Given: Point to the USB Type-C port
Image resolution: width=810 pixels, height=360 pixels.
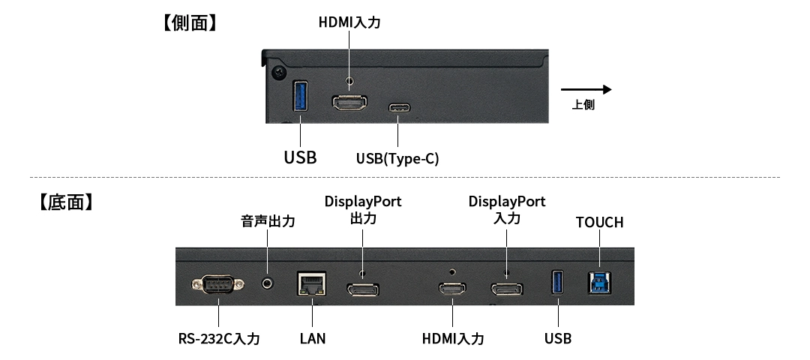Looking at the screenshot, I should tap(398, 108).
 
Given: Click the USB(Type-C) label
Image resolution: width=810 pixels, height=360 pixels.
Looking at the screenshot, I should tap(397, 158).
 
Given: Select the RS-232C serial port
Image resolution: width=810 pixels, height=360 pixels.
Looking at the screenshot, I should tap(217, 285).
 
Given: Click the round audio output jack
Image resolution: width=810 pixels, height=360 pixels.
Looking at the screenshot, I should tap(268, 283).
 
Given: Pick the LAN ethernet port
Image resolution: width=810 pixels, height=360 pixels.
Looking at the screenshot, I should tap(311, 283).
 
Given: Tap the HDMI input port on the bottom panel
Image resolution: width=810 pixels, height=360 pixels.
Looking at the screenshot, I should tap(452, 288).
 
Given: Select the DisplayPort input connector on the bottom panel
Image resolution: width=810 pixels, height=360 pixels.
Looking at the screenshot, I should tap(506, 288).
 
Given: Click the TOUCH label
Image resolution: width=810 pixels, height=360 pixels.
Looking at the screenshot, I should tap(599, 222).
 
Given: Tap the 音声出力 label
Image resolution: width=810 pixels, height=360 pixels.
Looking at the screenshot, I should tap(268, 222).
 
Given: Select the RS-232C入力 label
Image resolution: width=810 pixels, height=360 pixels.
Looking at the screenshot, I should tap(219, 339).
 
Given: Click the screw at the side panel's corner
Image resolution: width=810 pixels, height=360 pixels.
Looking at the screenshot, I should tap(279, 73).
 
